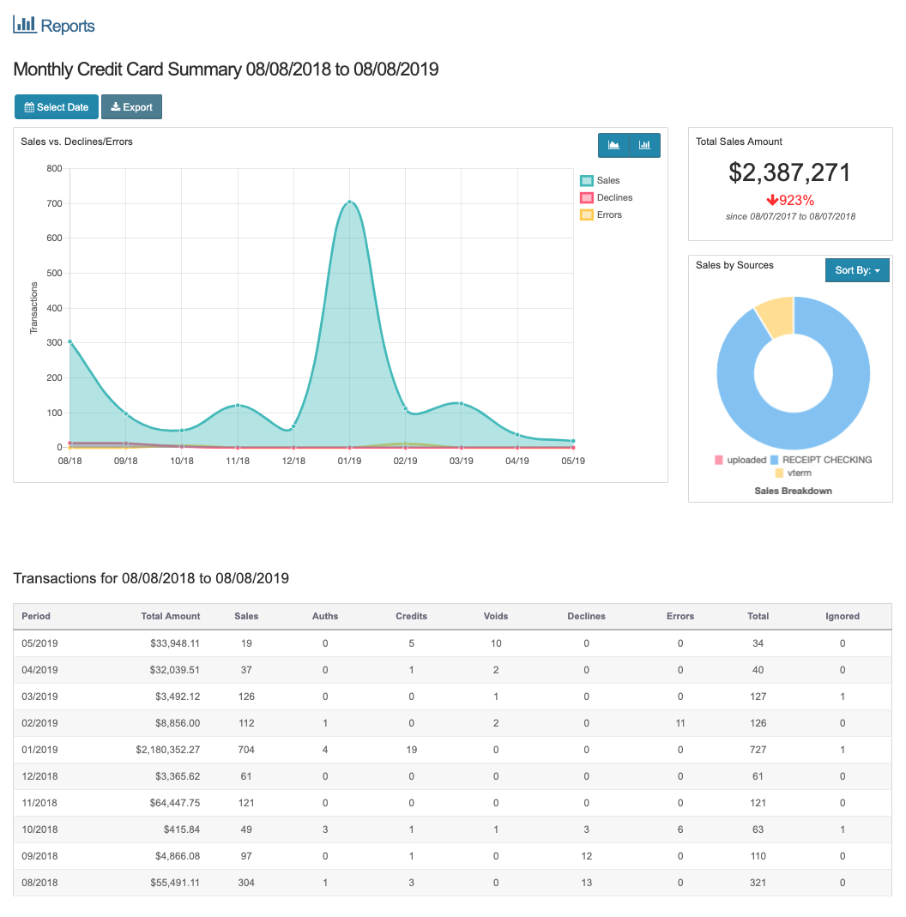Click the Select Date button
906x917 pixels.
[57, 107]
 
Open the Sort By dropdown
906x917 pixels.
[857, 270]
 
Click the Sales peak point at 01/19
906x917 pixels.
[349, 202]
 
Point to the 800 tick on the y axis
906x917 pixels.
[54, 169]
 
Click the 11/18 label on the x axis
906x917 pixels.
[238, 462]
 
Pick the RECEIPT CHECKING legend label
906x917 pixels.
[826, 460]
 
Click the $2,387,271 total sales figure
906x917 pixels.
[789, 172]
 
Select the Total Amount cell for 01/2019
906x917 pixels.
[167, 750]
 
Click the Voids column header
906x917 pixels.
[496, 616]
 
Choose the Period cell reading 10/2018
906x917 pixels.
[39, 830]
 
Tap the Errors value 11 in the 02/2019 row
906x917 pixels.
[679, 723]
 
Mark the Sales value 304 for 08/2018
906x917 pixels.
[246, 883]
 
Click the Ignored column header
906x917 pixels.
[842, 616]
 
